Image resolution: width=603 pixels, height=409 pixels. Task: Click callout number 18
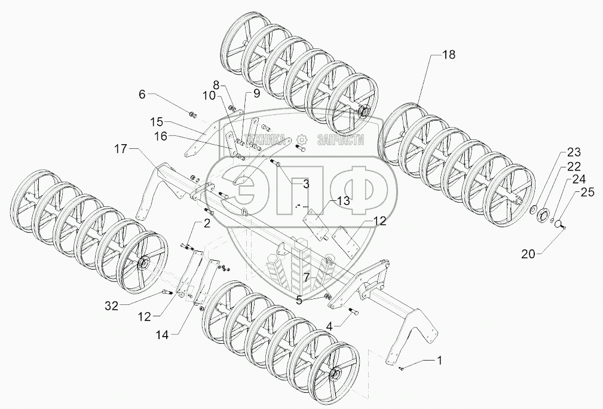tap(449, 54)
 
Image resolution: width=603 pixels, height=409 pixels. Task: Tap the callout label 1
tap(440, 361)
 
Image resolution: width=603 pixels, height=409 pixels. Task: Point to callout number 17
tap(120, 149)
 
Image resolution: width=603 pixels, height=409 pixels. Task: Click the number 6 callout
tap(142, 94)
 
